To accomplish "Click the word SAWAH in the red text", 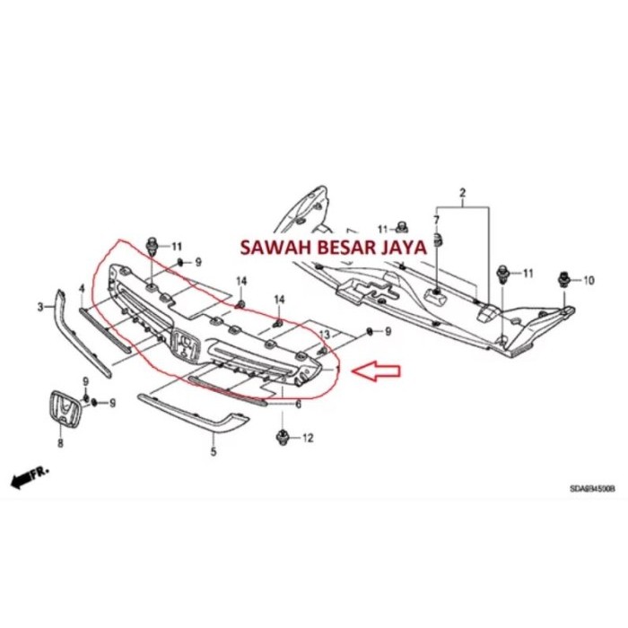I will [266, 248].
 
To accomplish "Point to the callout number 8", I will [60, 442].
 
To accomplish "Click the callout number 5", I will [214, 452].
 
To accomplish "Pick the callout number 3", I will [40, 309].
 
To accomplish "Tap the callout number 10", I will [589, 281].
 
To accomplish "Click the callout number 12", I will [307, 439].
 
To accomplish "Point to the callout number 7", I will [437, 220].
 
